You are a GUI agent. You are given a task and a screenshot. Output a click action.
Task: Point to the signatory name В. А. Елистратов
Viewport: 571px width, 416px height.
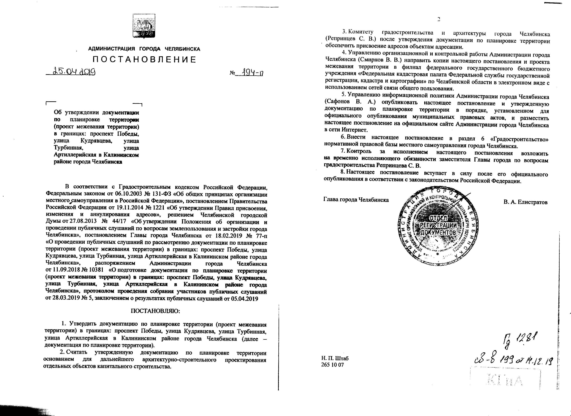(525, 202)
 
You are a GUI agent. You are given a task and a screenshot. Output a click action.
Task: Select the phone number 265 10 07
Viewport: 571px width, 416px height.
(332, 365)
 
